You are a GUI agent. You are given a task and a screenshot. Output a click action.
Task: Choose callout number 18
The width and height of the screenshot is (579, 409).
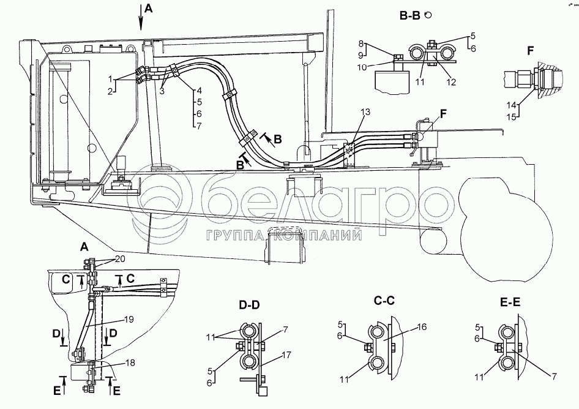click(131, 363)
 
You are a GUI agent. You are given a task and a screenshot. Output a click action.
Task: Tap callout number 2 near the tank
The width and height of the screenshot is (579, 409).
click(110, 90)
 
